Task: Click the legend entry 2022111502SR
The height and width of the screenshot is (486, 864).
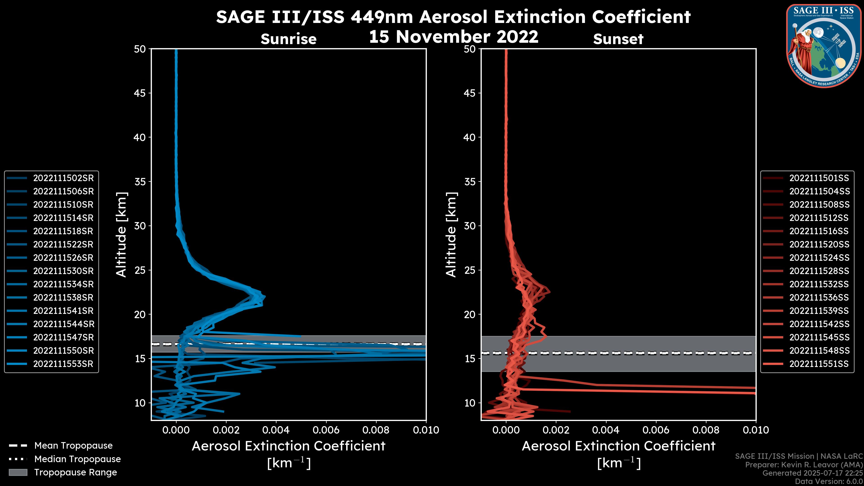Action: [x=63, y=178]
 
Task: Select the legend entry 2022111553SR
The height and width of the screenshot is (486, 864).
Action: [x=63, y=364]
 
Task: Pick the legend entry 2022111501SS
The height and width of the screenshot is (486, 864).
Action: [x=819, y=178]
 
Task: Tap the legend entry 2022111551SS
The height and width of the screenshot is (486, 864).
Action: [x=819, y=364]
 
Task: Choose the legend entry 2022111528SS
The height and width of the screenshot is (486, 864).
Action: [x=819, y=271]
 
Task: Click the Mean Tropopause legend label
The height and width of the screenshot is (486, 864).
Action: [x=73, y=445]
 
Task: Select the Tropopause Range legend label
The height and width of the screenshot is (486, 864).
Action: [x=75, y=472]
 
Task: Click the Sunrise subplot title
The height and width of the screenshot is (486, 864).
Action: [x=288, y=39]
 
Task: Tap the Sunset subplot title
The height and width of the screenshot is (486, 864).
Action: [x=618, y=39]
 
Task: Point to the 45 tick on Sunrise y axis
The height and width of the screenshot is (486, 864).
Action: [x=140, y=93]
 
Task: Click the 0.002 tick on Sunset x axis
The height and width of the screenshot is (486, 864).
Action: [x=556, y=430]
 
